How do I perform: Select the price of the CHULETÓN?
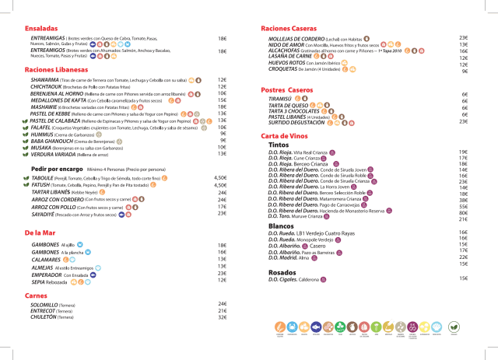coord(223,316)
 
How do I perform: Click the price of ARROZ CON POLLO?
coord(223,207)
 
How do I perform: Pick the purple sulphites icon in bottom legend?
coord(412,327)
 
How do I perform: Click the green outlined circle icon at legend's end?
coord(456,327)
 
